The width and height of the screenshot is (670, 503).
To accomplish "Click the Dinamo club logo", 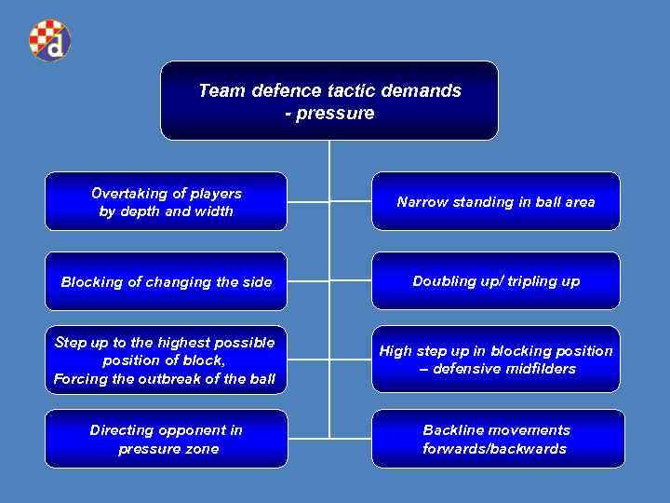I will pos(49,40).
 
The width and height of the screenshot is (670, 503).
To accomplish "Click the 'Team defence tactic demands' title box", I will pos(329,101).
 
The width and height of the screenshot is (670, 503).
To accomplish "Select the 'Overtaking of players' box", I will pos(167,201).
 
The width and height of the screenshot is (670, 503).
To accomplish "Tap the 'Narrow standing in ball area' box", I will pos(495,201).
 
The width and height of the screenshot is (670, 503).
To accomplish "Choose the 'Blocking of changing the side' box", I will pos(167,281).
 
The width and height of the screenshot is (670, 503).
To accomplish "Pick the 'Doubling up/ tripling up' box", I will pos(495,280).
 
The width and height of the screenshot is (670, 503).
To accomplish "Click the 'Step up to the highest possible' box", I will pos(167,360).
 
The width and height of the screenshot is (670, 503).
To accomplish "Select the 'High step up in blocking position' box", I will pos(495,360).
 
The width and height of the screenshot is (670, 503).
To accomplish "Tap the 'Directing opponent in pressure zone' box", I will pos(167,439).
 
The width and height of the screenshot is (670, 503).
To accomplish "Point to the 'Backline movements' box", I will pos(495,439).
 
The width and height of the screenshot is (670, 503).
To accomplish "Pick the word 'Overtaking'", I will pos(127,194).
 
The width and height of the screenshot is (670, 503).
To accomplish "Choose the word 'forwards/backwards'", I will pos(494,449).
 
